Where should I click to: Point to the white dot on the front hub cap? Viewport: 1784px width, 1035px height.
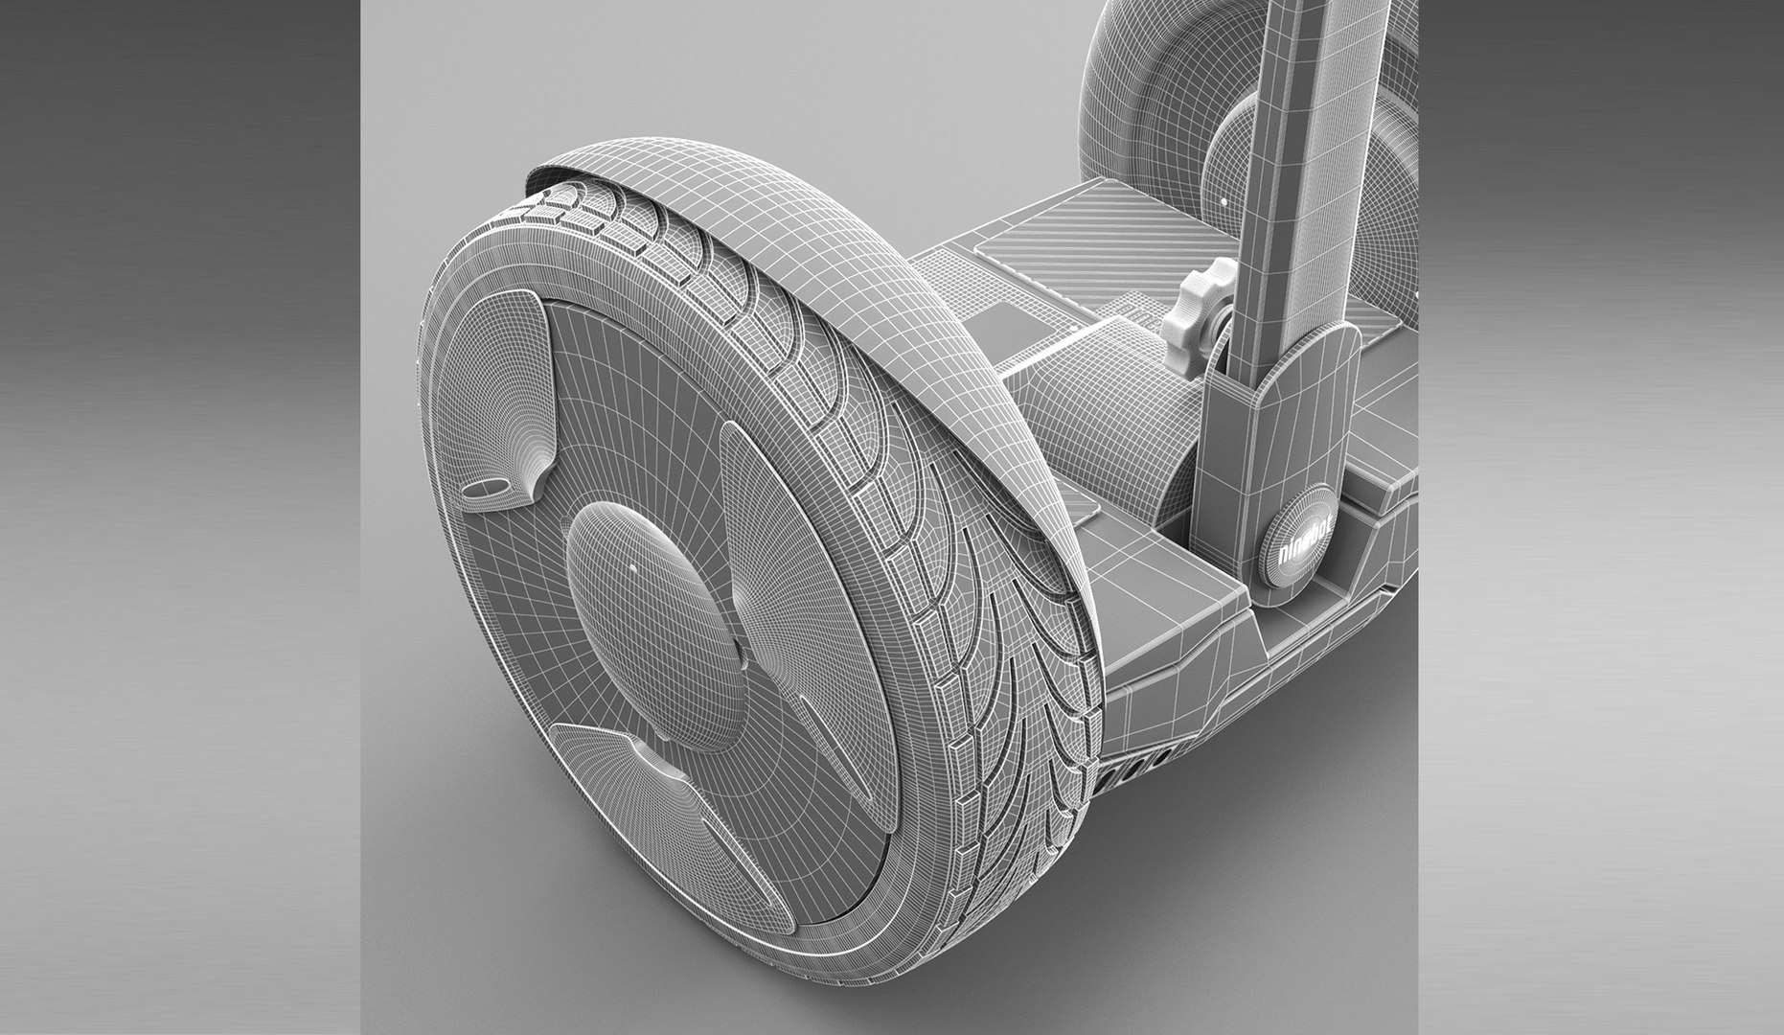pos(632,567)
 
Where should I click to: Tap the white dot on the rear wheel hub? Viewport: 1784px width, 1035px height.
pos(1224,204)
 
